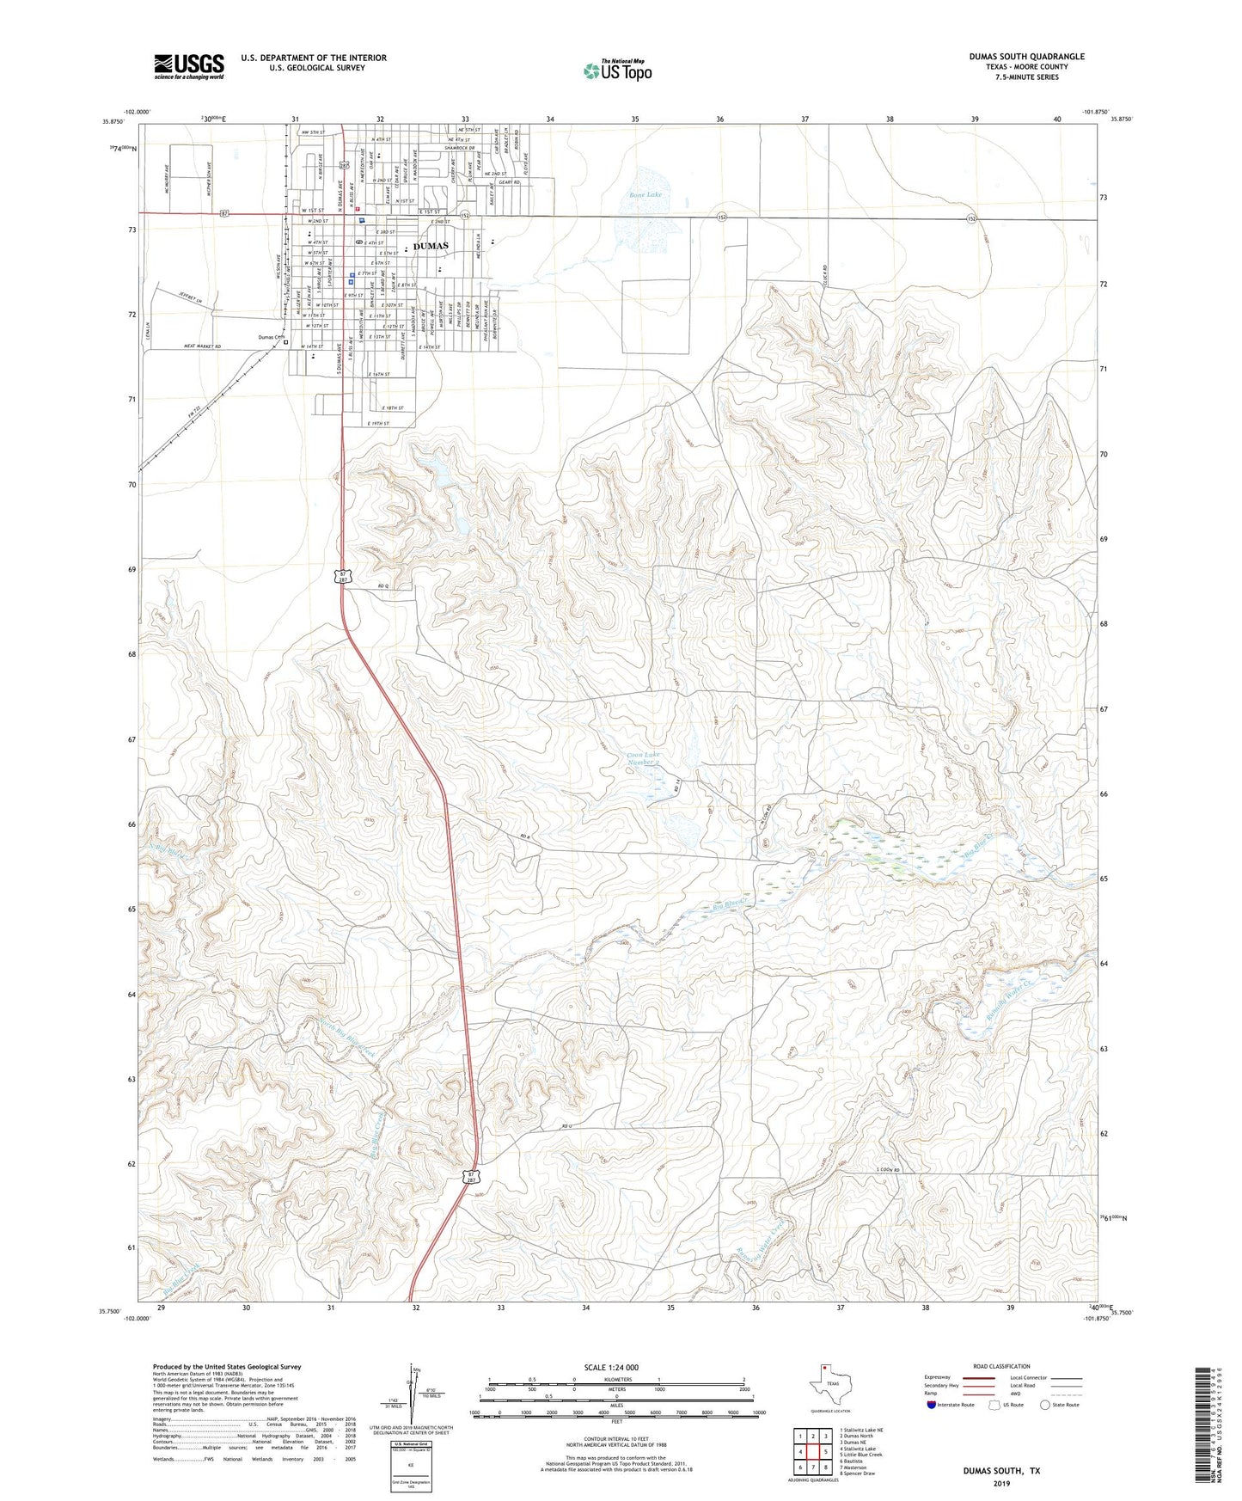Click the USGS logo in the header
[189, 65]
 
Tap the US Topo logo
[617, 70]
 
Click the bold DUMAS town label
[431, 246]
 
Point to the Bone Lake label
[645, 195]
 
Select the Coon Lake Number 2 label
[644, 758]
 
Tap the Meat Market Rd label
[203, 346]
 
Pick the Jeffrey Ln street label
[191, 298]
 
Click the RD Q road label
[383, 587]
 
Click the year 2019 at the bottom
[1000, 1483]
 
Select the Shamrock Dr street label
[460, 148]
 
